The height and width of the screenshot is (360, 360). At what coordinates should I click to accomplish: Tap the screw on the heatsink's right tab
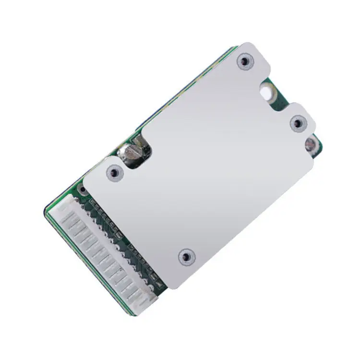tap(298, 123)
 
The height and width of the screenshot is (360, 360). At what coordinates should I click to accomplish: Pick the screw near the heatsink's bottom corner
tap(186, 257)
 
